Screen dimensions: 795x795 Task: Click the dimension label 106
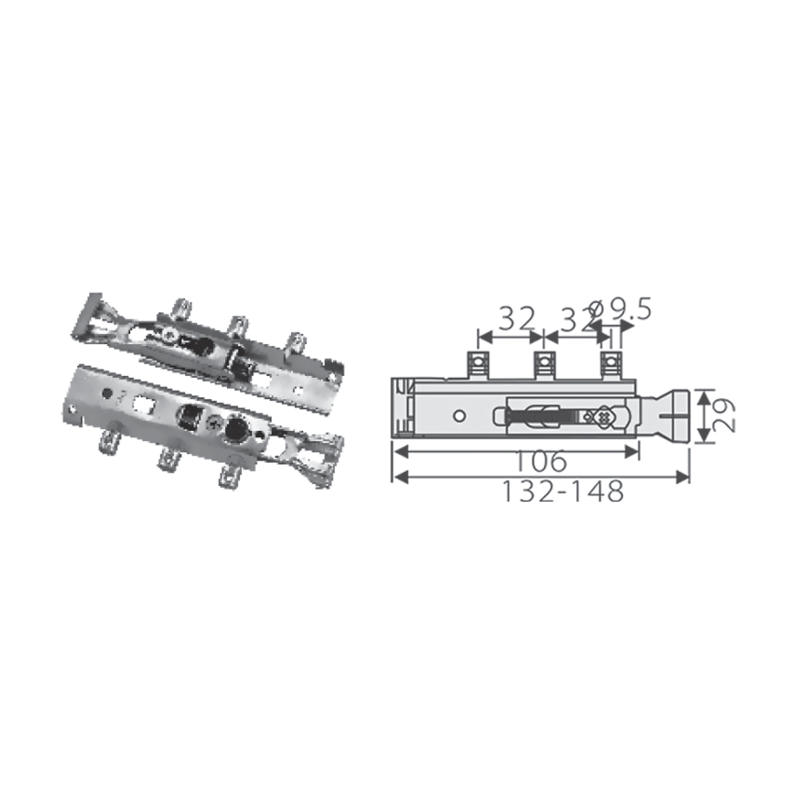pos(540,462)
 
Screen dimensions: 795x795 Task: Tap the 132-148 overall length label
pos(563,491)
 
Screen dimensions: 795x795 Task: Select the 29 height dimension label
pos(723,416)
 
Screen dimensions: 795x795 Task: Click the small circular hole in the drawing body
pos(460,416)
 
